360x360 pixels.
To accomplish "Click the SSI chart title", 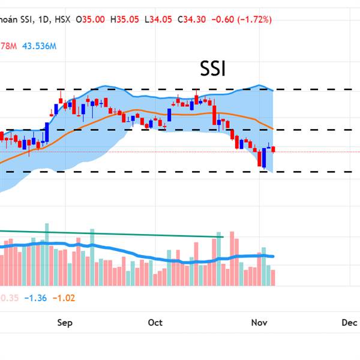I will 213,70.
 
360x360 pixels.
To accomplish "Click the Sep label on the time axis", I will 65,323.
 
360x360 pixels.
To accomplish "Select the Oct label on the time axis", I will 155,323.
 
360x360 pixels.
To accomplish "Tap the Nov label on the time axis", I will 259,323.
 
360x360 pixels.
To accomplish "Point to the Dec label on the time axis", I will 349,323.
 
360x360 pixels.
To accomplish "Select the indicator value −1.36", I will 36,297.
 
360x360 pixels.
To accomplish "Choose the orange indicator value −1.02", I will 63,297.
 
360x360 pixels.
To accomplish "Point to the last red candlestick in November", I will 274,149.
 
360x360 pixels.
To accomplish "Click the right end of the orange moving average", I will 273,129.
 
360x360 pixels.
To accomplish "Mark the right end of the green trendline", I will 223,237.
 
